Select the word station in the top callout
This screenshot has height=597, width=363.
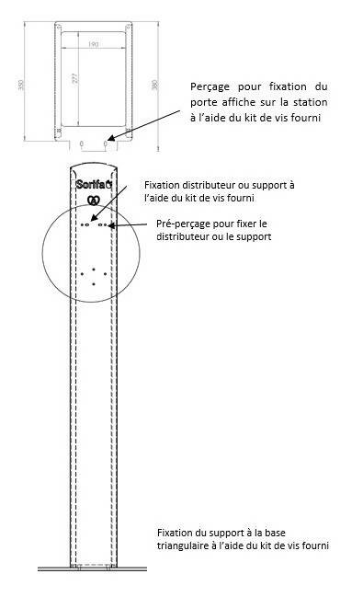tap(307, 100)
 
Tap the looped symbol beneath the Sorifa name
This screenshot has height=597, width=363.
tap(93, 200)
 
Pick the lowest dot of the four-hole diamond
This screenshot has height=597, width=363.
tap(94, 284)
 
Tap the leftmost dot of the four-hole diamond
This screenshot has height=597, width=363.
tap(83, 274)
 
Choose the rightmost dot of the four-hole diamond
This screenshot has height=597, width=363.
tap(107, 274)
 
